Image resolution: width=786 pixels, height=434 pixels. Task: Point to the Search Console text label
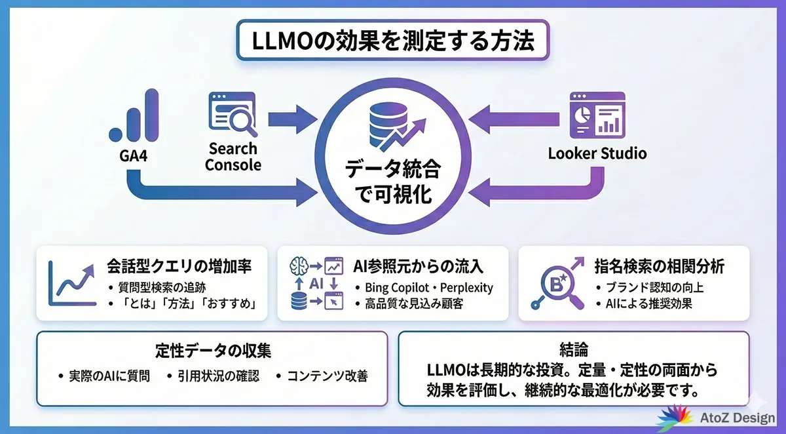[233, 157]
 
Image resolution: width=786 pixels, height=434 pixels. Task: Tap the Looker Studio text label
[597, 153]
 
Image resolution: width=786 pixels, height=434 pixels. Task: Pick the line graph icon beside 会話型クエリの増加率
[71, 283]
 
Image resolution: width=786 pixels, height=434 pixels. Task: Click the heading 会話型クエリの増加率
[179, 267]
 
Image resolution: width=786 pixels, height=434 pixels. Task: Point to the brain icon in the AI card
[299, 266]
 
